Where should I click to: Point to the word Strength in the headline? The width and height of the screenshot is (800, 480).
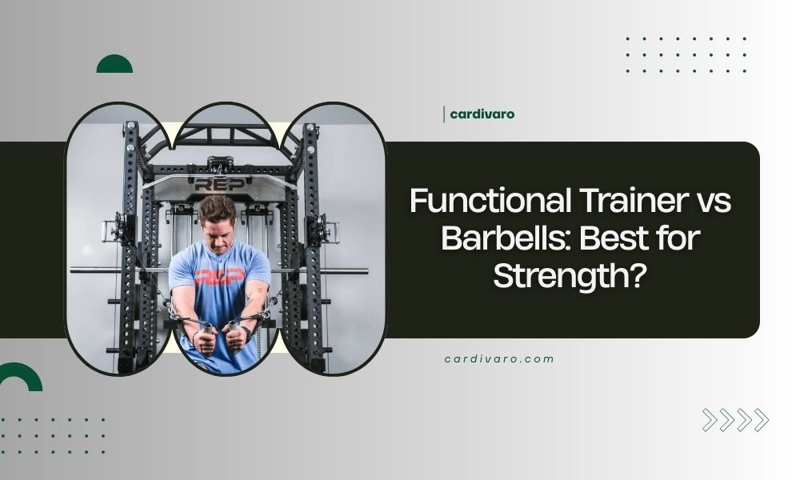click(561, 275)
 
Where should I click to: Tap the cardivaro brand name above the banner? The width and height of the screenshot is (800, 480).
click(482, 114)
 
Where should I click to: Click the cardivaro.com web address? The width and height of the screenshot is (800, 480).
click(499, 358)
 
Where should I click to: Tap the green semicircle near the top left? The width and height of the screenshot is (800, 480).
click(114, 65)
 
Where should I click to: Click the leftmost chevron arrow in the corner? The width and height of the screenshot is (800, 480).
click(709, 420)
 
